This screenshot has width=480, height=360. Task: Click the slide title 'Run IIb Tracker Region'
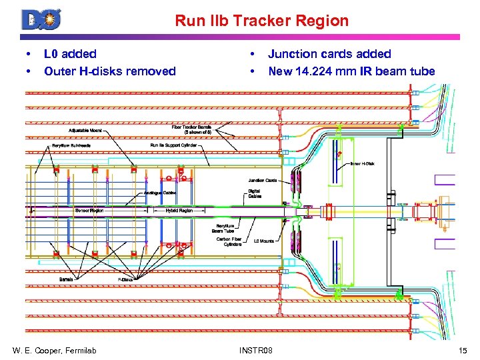(261, 21)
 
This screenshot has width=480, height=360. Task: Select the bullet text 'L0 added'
(70, 54)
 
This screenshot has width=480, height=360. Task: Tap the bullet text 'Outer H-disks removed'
(109, 71)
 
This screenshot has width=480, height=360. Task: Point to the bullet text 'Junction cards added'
(329, 54)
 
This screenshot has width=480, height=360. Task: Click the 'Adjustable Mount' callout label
(85, 131)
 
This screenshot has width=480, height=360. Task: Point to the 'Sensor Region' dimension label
(89, 210)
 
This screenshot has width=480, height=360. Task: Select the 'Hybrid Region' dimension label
(179, 210)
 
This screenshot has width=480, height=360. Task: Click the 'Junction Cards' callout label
(262, 180)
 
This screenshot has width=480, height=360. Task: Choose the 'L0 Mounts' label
(264, 241)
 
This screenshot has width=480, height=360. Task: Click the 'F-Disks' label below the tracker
(127, 279)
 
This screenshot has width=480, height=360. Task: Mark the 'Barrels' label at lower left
(66, 279)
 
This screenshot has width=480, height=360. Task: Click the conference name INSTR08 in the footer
(261, 349)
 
